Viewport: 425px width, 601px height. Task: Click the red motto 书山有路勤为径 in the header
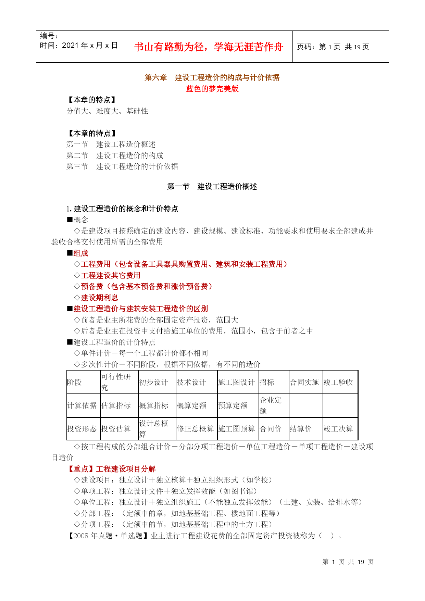[x=209, y=47]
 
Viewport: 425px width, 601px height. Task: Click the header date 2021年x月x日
[x=79, y=46]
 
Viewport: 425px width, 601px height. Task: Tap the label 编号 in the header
[x=49, y=36]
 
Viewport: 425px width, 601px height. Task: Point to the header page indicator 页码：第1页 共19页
[x=333, y=47]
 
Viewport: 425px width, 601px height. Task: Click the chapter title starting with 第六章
[x=212, y=78]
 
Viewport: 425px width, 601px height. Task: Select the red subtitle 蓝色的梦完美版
[x=212, y=89]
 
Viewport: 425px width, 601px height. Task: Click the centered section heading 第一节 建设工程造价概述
[x=212, y=187]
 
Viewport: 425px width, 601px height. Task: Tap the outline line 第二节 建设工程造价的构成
[x=115, y=155]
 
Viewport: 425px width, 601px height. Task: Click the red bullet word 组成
[x=81, y=253]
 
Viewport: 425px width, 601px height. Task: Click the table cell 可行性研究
[x=116, y=382]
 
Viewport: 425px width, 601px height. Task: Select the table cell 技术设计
[x=191, y=382]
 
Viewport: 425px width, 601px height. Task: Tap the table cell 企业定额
[x=271, y=405]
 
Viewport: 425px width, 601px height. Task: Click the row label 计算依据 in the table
[x=82, y=405]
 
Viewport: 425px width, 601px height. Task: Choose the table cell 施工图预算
[x=236, y=429]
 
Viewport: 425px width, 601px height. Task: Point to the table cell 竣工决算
[x=338, y=429]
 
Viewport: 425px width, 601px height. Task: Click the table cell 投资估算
[x=116, y=429]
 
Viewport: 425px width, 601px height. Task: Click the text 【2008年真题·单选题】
[x=108, y=536]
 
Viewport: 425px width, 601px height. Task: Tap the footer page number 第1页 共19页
[x=348, y=562]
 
